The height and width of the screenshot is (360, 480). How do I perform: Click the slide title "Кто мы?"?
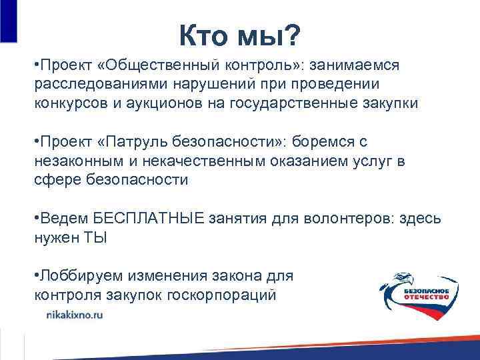click(x=239, y=35)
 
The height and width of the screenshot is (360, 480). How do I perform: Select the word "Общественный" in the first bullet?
click(x=155, y=67)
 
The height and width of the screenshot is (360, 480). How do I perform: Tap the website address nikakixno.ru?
click(x=74, y=317)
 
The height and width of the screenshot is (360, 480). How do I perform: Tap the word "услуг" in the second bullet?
click(x=383, y=161)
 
